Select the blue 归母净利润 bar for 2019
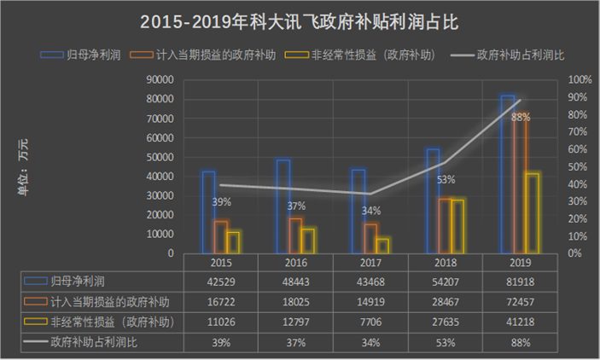coord(508,175)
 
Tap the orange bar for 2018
coord(446,225)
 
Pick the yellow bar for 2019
coord(532,213)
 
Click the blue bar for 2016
coord(283,206)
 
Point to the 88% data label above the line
coord(521,118)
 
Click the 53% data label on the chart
coord(446,180)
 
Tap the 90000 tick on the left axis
coord(160,79)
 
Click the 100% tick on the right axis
coord(580,79)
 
